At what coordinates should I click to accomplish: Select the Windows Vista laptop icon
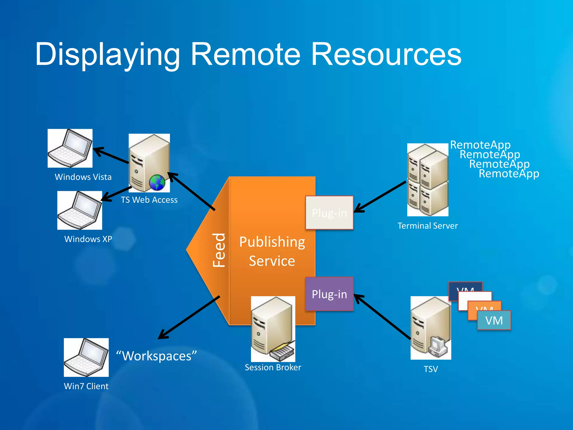pyautogui.click(x=70, y=148)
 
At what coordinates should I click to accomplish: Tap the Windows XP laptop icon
pyautogui.click(x=80, y=210)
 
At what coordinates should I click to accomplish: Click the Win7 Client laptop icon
pyautogui.click(x=86, y=357)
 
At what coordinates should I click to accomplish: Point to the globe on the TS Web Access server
pyautogui.click(x=157, y=183)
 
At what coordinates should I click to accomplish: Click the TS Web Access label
pyautogui.click(x=149, y=200)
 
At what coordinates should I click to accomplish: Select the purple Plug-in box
pyautogui.click(x=329, y=294)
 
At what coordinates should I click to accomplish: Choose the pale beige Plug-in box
pyautogui.click(x=329, y=213)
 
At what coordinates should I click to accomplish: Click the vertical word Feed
pyautogui.click(x=219, y=250)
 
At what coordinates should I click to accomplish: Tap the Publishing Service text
pyautogui.click(x=272, y=251)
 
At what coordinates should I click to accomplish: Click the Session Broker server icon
pyautogui.click(x=273, y=329)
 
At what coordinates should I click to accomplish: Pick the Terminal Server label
pyautogui.click(x=428, y=226)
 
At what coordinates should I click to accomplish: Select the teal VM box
pyautogui.click(x=494, y=320)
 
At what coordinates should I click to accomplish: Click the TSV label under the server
pyautogui.click(x=431, y=369)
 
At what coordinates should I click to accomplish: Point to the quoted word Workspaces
pyautogui.click(x=157, y=356)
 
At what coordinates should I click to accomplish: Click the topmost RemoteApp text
pyautogui.click(x=480, y=145)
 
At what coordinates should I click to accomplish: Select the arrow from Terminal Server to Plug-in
pyautogui.click(x=381, y=197)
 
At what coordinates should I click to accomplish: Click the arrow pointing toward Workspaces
pyautogui.click(x=189, y=317)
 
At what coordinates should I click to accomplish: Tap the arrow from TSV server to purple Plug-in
pyautogui.click(x=382, y=317)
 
